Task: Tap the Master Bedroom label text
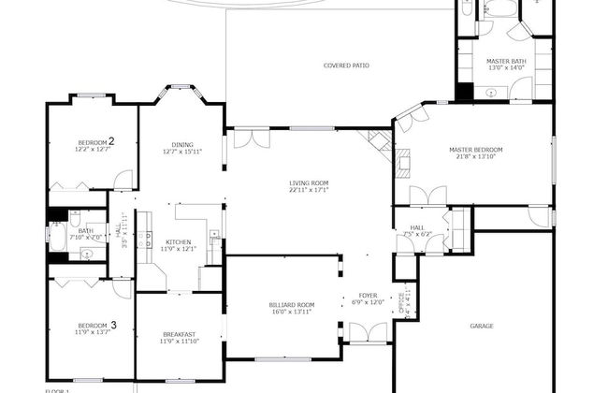tap(475, 150)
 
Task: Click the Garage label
tap(482, 327)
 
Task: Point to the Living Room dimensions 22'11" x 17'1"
tap(309, 190)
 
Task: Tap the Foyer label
tap(368, 295)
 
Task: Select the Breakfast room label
tap(179, 335)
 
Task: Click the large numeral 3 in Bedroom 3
tap(113, 325)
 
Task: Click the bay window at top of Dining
tap(180, 91)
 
